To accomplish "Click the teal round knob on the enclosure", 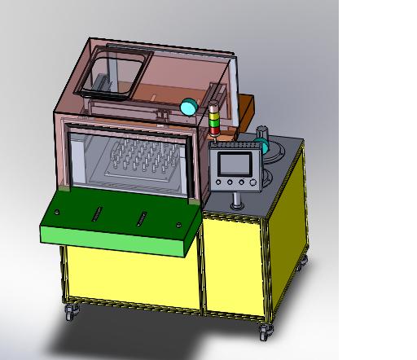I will click(189, 106).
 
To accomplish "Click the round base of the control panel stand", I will click(237, 204).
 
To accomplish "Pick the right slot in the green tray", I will click(144, 217).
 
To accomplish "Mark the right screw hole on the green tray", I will click(178, 224).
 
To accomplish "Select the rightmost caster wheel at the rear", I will click(305, 261).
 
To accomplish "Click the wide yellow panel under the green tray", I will click(130, 277).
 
